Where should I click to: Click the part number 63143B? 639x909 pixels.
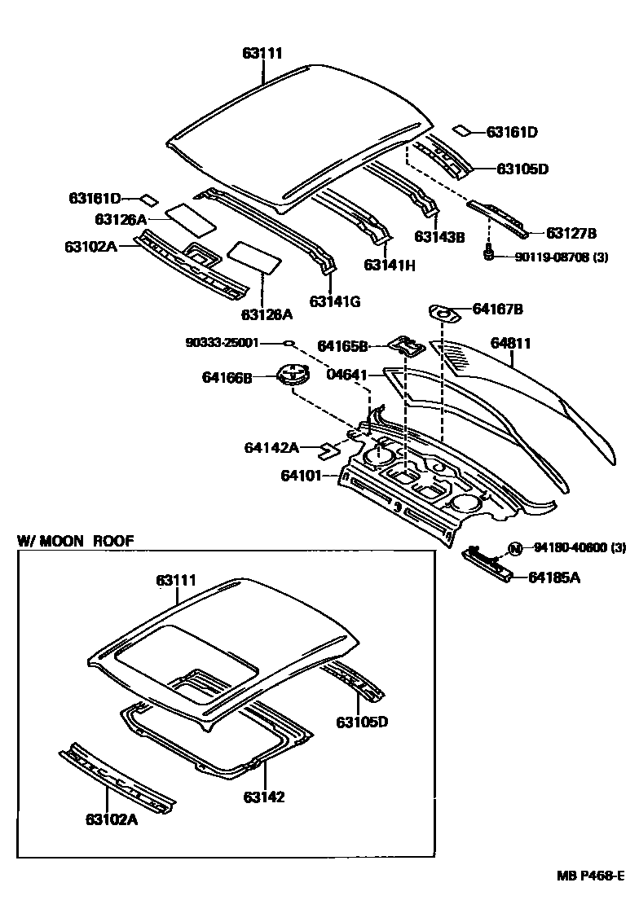click(x=439, y=237)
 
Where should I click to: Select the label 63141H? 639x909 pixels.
click(x=390, y=265)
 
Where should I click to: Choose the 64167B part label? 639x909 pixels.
click(x=498, y=309)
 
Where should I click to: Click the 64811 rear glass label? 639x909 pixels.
click(x=510, y=344)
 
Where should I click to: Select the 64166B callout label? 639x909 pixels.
click(x=227, y=377)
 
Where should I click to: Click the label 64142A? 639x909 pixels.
click(x=271, y=447)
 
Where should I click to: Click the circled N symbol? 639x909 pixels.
click(x=514, y=548)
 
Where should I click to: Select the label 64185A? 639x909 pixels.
click(x=554, y=577)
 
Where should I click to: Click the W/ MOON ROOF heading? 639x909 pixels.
click(x=76, y=540)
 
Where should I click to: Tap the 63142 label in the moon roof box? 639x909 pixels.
click(x=264, y=797)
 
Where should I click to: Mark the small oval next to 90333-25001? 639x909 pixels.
click(x=288, y=344)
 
